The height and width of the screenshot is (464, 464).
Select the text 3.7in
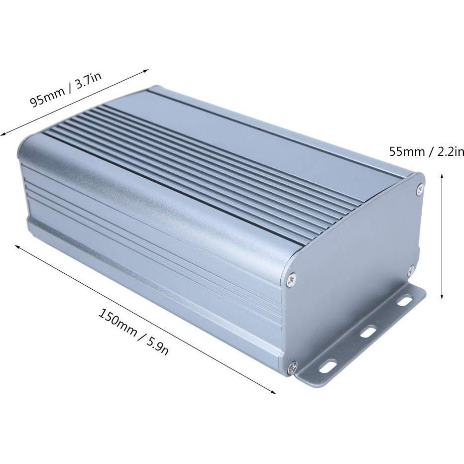point(88,81)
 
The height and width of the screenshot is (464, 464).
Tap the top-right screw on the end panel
point(420,188)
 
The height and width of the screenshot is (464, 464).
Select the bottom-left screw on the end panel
point(292,366)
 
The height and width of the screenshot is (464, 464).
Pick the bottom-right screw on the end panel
point(411,271)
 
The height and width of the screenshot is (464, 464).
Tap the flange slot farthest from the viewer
point(404,301)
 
